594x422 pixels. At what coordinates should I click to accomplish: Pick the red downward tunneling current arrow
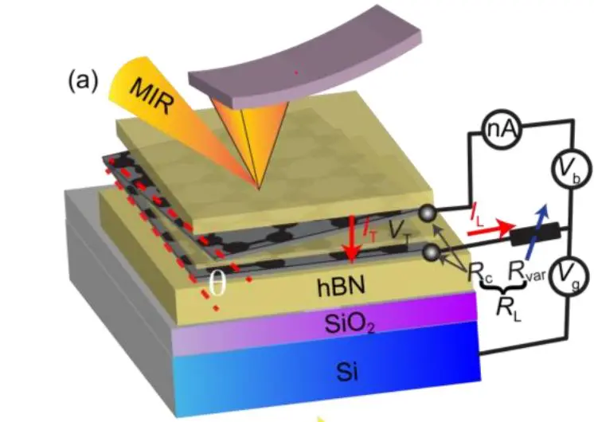(x=348, y=239)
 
